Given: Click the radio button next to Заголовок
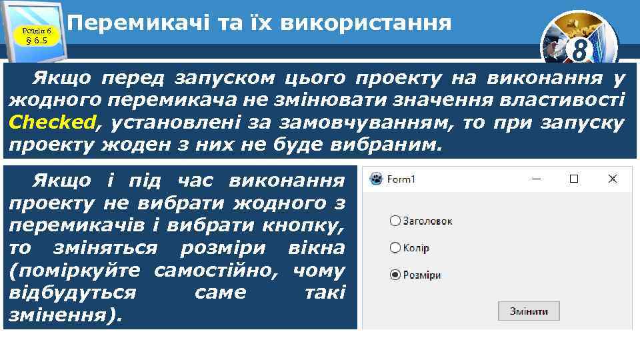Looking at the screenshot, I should tap(395, 221).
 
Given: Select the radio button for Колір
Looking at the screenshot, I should tap(395, 248).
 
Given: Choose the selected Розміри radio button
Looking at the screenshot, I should tap(395, 275).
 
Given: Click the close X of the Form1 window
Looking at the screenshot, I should tap(613, 179).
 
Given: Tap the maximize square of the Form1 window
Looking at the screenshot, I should tap(573, 179).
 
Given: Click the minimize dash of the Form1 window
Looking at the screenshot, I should tap(535, 179).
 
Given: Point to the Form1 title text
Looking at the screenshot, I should tap(401, 179).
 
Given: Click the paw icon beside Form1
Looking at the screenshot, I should tap(377, 179).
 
